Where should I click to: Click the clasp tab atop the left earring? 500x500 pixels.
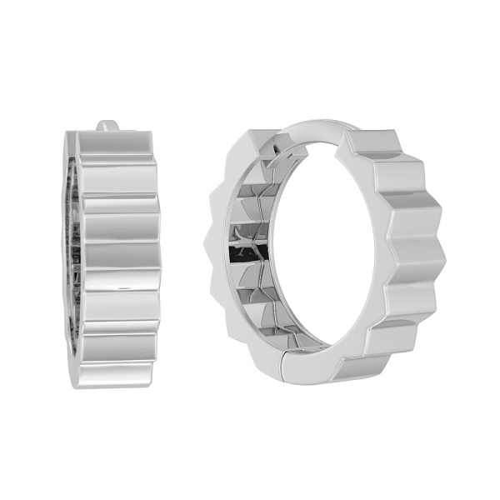[106, 127]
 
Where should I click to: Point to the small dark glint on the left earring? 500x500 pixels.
[125, 286]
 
